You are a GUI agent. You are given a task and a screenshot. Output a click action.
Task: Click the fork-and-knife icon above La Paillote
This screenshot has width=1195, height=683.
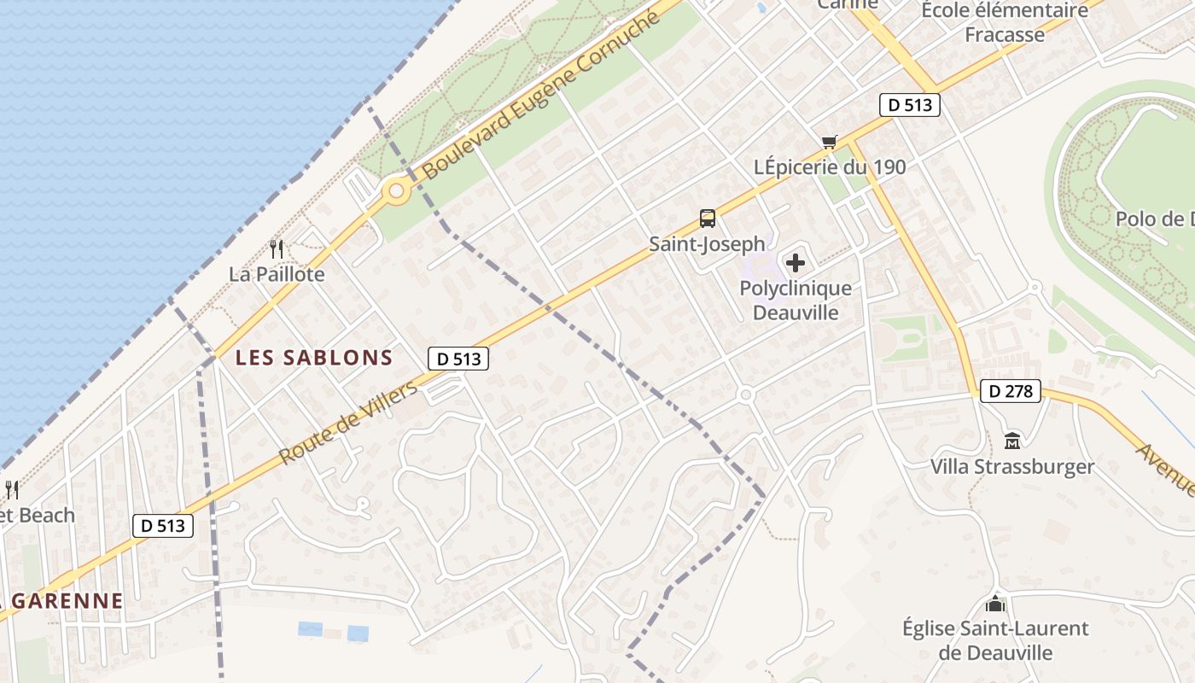pos(277,249)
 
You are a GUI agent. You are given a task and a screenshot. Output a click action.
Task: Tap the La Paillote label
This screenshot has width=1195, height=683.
pos(277,274)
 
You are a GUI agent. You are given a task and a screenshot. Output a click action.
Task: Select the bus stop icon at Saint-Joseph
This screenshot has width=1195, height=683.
pos(708,219)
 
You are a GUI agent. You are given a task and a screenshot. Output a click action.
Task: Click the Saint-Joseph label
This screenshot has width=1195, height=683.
pos(708,244)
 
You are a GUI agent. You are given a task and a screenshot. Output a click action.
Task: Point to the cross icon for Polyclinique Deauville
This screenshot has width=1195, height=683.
pos(795,263)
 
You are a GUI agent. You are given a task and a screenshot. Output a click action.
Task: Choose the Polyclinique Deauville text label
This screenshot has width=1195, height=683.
pos(796,301)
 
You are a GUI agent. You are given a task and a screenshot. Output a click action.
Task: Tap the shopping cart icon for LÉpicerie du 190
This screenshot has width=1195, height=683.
pos(829,142)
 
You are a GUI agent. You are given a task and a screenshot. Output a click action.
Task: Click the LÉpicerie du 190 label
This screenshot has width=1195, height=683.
pos(830,167)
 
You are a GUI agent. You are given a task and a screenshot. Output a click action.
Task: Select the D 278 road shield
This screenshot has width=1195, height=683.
pos(1011,392)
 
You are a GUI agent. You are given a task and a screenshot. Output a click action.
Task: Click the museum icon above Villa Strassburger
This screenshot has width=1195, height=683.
pos(1012,441)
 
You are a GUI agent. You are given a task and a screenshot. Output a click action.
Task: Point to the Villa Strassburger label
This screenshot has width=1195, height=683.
pos(1012,467)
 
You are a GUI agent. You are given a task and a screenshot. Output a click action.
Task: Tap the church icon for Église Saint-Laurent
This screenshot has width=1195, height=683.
pos(995,604)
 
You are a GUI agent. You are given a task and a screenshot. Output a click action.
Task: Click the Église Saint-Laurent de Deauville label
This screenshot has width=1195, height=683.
pos(995,640)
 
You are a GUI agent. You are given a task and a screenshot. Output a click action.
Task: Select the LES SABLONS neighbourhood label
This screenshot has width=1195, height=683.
pos(314,358)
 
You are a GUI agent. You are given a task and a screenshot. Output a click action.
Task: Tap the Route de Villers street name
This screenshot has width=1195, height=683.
pos(348,423)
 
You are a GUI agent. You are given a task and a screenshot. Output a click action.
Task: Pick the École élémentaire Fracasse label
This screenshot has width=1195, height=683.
pos(1005,22)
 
